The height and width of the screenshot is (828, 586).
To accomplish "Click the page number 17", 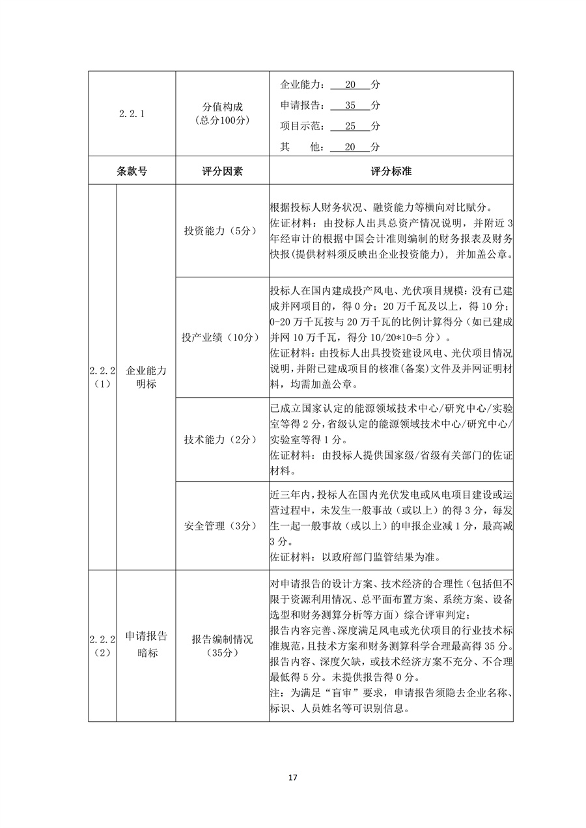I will pos(292,777).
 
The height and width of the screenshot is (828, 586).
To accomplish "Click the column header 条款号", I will pos(132,172).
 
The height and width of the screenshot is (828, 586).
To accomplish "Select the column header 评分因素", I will pos(222,172).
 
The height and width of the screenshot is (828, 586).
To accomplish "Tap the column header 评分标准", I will pos(391,172).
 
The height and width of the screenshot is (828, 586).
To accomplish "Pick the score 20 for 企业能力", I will pos(350,85).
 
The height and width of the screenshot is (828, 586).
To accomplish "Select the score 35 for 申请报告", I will pos(350,105).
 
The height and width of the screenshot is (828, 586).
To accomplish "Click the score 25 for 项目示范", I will pos(350,126).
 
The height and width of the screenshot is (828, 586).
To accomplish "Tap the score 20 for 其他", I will pos(350,147).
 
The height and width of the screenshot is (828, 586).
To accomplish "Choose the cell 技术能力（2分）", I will pos(222,439).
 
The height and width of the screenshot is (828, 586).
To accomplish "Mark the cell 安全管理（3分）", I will pos(222,525).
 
